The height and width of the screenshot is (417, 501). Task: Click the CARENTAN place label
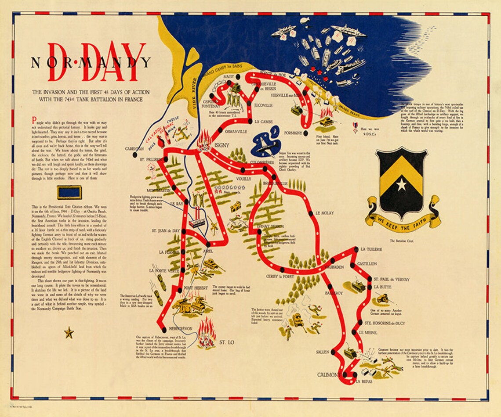coord(134,149)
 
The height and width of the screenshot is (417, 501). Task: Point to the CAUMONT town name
coord(329,375)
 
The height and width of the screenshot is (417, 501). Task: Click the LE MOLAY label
coord(324,213)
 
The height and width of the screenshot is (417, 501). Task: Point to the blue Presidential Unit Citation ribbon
coord(69,192)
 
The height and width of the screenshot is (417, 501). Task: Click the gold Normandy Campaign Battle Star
coord(69,333)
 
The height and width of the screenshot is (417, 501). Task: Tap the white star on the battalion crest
coord(401,184)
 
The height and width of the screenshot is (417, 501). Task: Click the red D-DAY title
coord(97,62)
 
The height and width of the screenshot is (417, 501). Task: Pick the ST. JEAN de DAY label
coord(167,230)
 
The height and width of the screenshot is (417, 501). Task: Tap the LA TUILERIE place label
coord(371,249)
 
